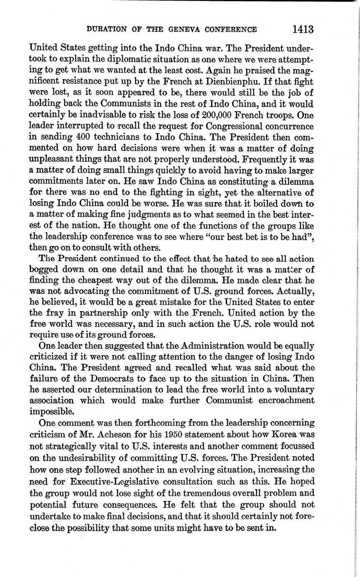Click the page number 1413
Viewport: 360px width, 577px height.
[x=303, y=29]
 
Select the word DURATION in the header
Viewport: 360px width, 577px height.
[x=105, y=30]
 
